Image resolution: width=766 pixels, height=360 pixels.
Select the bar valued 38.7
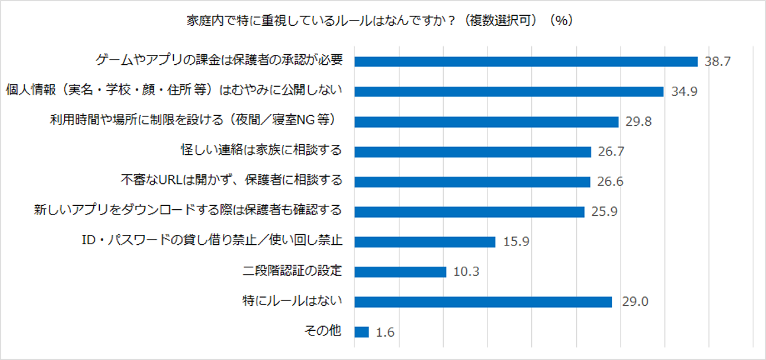(x=526, y=62)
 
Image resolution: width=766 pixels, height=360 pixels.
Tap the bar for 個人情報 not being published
(x=509, y=91)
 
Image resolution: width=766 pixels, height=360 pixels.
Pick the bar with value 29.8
(x=486, y=122)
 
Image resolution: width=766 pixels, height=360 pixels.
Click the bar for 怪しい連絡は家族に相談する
(x=472, y=152)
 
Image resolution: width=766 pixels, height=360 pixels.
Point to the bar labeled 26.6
(x=472, y=181)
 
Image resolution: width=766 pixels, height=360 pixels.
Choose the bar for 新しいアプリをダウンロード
(x=469, y=212)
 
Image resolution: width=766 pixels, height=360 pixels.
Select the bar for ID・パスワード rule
(x=425, y=242)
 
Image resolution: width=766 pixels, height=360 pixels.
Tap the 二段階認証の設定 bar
(x=400, y=272)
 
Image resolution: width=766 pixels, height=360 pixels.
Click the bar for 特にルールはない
(x=483, y=302)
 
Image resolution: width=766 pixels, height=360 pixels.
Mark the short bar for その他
(x=361, y=332)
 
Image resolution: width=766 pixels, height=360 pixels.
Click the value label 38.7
(x=716, y=62)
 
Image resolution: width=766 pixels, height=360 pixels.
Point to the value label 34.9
(x=682, y=91)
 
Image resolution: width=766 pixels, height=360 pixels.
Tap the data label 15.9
(x=514, y=242)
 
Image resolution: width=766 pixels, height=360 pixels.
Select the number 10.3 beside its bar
(x=466, y=272)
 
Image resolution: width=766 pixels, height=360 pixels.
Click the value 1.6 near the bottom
(x=384, y=332)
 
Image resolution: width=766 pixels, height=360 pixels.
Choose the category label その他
(x=323, y=330)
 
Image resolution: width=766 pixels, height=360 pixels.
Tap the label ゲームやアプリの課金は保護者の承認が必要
(x=219, y=60)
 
